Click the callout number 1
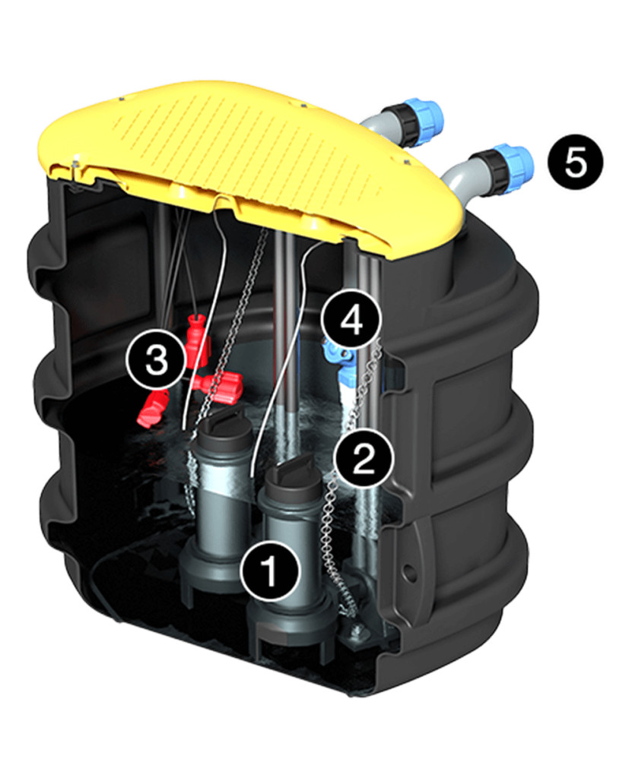(x=270, y=571)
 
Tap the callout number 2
(x=364, y=458)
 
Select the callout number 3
(x=157, y=359)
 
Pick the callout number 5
(x=576, y=161)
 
